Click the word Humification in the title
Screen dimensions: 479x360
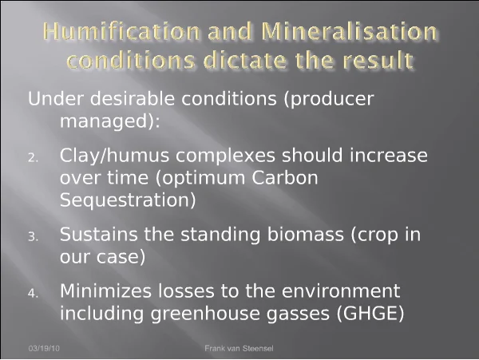(121, 31)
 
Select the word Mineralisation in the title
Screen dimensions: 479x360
(349, 31)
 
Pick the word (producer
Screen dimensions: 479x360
(329, 100)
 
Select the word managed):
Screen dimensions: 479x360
(110, 121)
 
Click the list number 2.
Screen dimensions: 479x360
(33, 158)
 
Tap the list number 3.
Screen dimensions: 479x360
(33, 237)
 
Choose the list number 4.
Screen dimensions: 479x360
(33, 294)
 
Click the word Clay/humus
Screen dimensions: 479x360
(114, 156)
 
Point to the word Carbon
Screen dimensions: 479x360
(285, 178)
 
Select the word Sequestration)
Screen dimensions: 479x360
(128, 200)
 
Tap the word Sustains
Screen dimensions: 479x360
(99, 235)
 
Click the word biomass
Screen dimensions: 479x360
(306, 235)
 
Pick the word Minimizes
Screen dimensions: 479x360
(105, 291)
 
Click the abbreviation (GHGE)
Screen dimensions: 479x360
(370, 314)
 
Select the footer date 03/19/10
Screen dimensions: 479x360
(44, 348)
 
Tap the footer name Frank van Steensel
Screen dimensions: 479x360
(239, 348)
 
